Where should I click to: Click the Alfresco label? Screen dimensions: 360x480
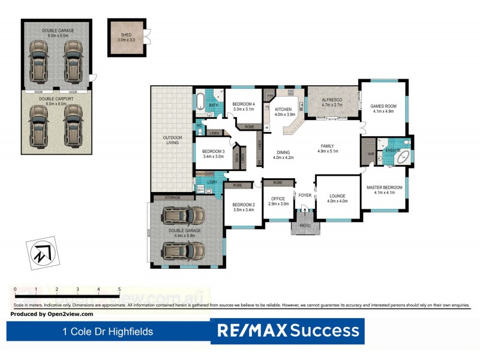[x=332, y=103]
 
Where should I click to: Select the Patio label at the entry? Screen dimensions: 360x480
[x=304, y=226]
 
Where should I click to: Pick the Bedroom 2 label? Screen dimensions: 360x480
[x=244, y=206]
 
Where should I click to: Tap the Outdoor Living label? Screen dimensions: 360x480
[x=172, y=140]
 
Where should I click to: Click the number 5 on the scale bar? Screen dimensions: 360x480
[x=119, y=289]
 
